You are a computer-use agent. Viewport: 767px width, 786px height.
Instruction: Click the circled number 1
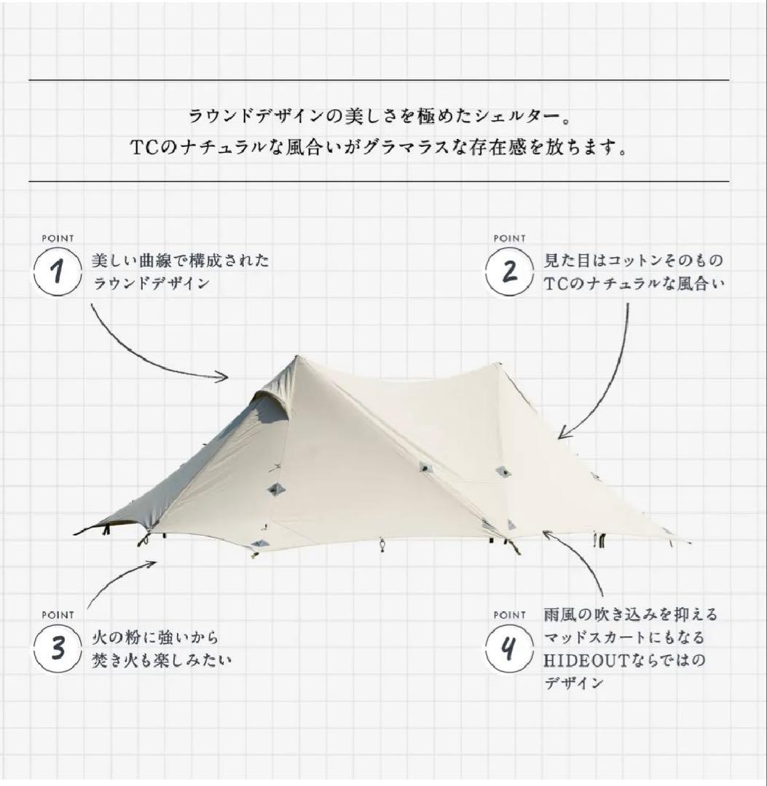pyautogui.click(x=58, y=272)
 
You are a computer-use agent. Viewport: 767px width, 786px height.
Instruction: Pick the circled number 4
pyautogui.click(x=511, y=648)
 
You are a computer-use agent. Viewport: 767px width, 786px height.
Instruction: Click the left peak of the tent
pyautogui.click(x=296, y=357)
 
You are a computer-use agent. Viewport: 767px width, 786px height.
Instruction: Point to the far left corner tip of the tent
pyautogui.click(x=76, y=533)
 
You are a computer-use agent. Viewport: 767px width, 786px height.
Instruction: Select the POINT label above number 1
pyautogui.click(x=58, y=238)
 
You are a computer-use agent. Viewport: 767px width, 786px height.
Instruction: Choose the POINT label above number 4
pyautogui.click(x=509, y=615)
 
